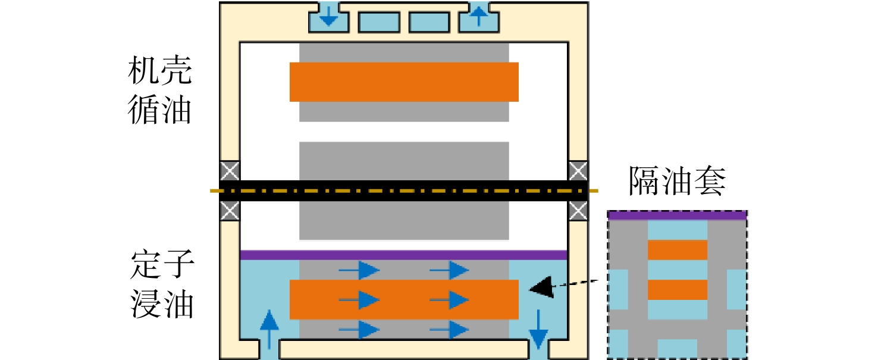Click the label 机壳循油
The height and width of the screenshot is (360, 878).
pyautogui.click(x=160, y=90)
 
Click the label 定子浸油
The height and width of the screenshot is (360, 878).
pyautogui.click(x=162, y=284)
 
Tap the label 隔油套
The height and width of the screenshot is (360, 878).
pyautogui.click(x=678, y=181)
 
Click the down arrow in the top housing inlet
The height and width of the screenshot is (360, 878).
pyautogui.click(x=328, y=15)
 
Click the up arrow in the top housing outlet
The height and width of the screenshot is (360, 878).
pyautogui.click(x=479, y=15)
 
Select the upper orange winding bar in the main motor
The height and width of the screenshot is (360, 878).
pyautogui.click(x=404, y=82)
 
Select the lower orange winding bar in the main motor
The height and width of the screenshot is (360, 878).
pyautogui.click(x=404, y=300)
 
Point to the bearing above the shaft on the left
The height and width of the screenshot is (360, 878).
pyautogui.click(x=230, y=171)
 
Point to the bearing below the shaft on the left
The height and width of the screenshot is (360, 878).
pyautogui.click(x=230, y=211)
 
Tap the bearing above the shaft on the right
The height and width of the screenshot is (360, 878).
pyautogui.click(x=578, y=171)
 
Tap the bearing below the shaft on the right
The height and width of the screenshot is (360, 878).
pyautogui.click(x=578, y=211)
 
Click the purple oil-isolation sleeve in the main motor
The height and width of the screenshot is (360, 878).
pyautogui.click(x=404, y=255)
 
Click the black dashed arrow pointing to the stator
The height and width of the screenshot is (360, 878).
pyautogui.click(x=563, y=286)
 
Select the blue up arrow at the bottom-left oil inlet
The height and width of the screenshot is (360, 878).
pyautogui.click(x=269, y=330)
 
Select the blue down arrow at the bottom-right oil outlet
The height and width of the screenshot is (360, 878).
pyautogui.click(x=538, y=330)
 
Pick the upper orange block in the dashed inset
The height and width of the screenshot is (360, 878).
pyautogui.click(x=678, y=250)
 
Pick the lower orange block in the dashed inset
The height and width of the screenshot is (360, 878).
pyautogui.click(x=678, y=290)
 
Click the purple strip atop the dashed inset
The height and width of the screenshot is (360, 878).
pyautogui.click(x=678, y=215)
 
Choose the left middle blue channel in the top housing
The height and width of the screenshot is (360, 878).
pyautogui.click(x=379, y=22)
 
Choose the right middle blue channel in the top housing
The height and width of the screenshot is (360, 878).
pyautogui.click(x=429, y=22)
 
